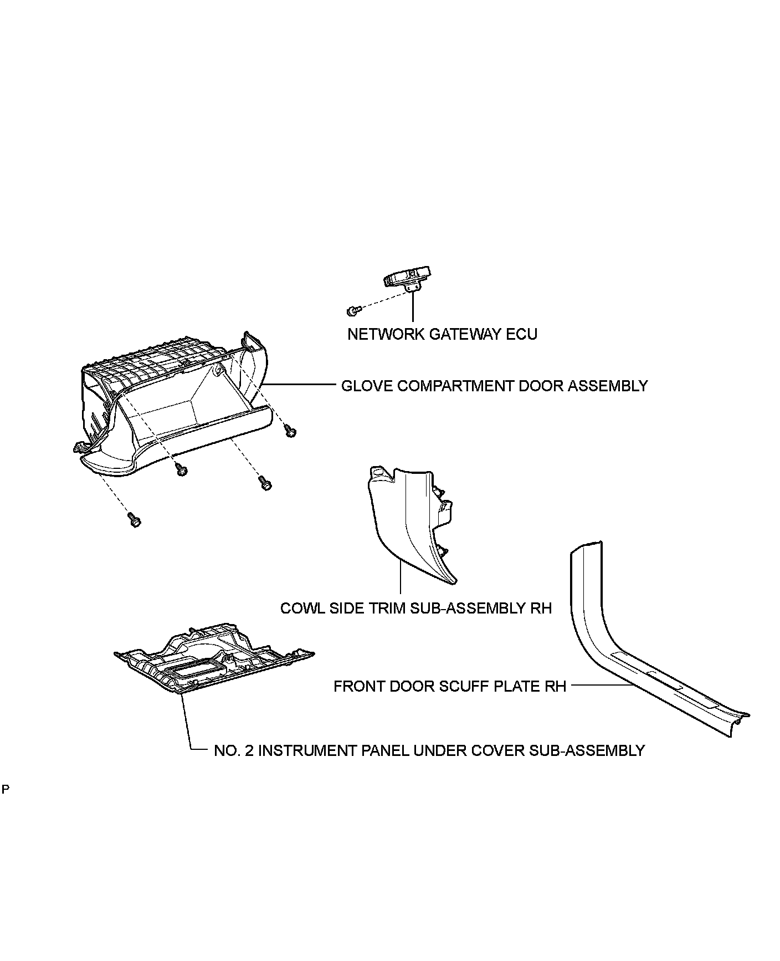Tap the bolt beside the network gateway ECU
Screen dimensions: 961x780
(353, 310)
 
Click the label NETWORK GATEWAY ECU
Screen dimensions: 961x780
(442, 334)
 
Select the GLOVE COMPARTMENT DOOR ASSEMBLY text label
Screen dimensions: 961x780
(494, 386)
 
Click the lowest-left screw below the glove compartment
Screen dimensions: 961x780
(134, 521)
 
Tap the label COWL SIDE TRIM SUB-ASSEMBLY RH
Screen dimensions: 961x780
(416, 609)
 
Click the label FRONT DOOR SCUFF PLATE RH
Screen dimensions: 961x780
(450, 687)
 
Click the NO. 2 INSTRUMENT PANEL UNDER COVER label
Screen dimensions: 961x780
(429, 750)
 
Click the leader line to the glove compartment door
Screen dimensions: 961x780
(299, 385)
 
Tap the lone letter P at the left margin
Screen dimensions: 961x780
(6, 789)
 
